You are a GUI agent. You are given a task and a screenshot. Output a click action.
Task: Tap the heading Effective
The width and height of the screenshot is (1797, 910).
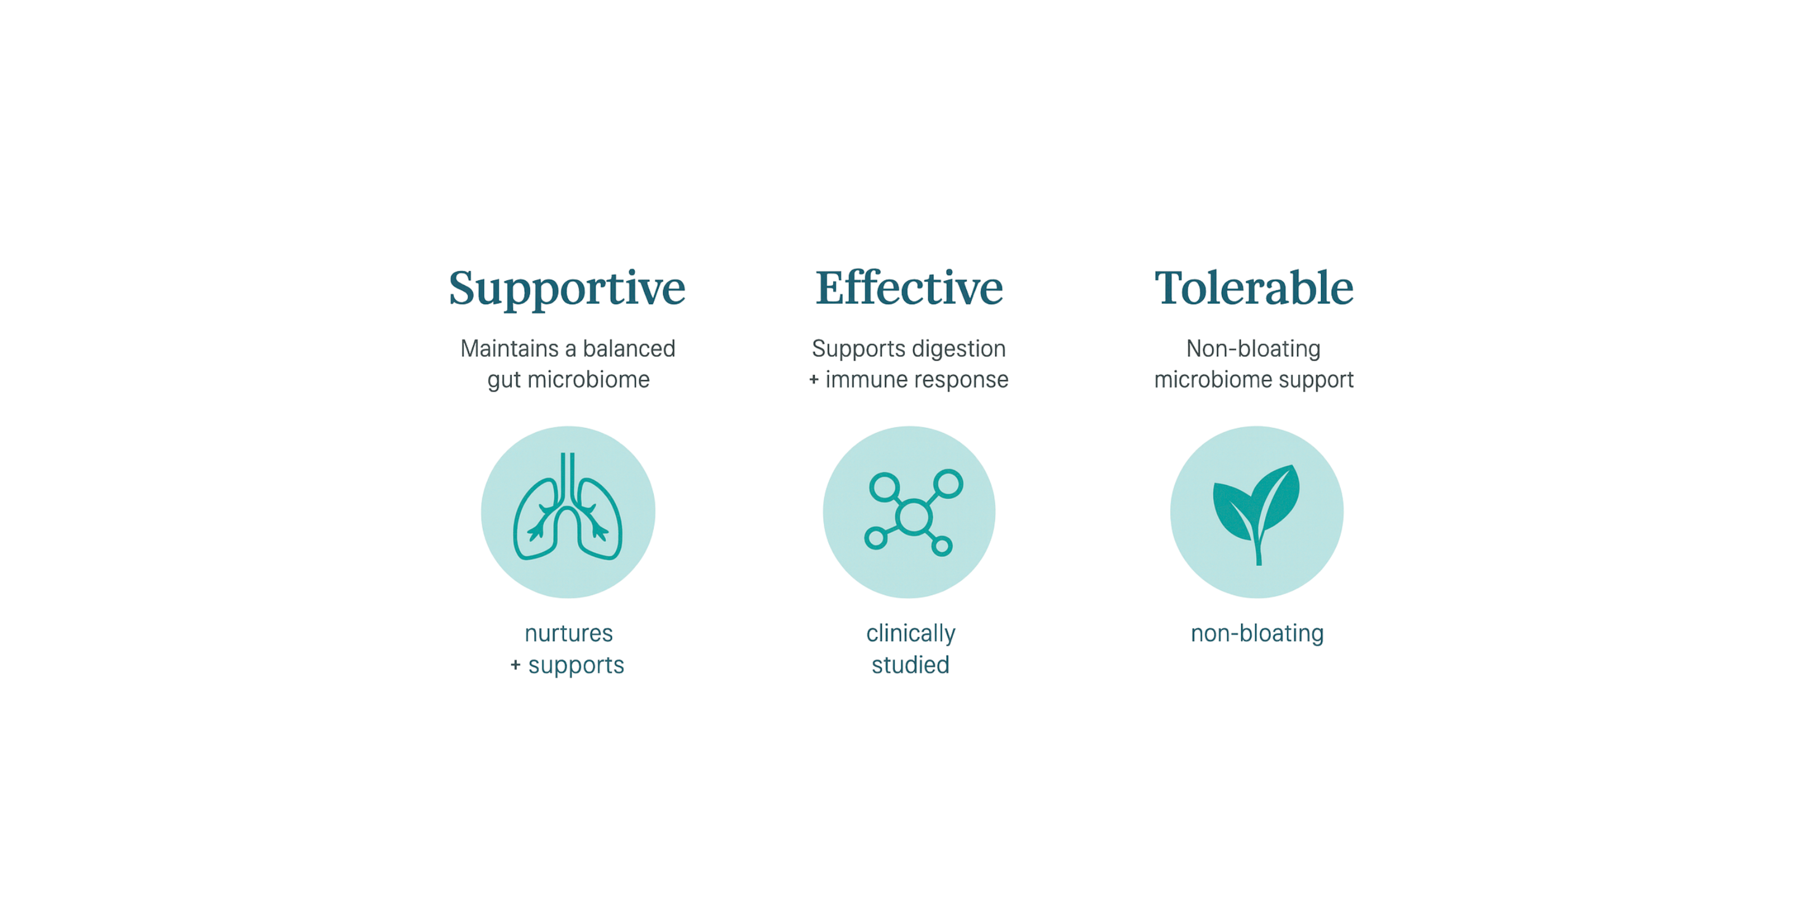point(909,287)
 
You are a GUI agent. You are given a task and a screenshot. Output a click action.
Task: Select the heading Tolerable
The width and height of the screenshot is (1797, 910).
point(1254,287)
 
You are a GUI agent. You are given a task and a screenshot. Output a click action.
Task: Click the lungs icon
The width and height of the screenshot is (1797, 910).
point(568,508)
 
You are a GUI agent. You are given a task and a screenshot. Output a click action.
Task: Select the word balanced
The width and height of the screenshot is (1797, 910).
point(629,348)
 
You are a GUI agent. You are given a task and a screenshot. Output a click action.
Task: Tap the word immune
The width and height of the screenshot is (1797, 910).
point(869,380)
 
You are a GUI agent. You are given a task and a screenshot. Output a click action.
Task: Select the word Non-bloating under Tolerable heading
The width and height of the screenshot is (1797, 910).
point(1254,349)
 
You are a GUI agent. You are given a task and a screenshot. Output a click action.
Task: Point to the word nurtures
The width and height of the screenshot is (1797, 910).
point(568,634)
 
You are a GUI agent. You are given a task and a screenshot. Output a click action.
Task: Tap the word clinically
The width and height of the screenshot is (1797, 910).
point(910,634)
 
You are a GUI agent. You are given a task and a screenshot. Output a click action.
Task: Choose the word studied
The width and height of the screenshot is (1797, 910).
point(910,665)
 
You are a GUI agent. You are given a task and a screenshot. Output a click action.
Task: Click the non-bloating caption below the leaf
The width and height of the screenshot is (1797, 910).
point(1257,634)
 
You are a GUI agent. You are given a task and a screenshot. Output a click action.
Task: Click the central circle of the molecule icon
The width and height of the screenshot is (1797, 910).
point(914,517)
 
